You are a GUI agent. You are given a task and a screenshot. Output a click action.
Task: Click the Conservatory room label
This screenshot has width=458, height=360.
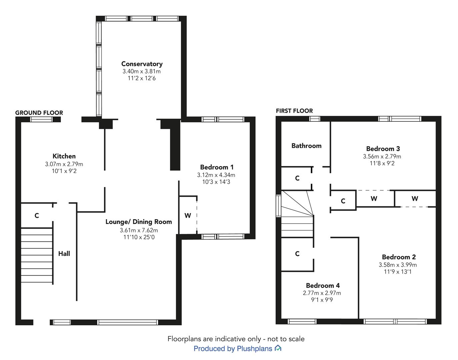pos(142,64)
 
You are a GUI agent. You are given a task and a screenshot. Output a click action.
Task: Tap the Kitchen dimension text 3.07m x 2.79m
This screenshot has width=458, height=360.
pos(64,164)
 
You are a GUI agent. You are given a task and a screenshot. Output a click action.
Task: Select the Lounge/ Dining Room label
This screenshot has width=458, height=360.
pos(139,222)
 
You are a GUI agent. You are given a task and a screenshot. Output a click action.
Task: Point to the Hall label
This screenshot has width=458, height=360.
pos(64,253)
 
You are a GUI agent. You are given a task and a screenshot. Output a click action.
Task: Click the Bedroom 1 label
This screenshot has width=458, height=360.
pos(217,167)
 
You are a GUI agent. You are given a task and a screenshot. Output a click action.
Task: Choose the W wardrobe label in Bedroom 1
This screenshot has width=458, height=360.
pos(188,215)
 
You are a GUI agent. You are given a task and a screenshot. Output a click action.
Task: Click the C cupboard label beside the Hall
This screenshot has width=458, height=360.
pos(37,215)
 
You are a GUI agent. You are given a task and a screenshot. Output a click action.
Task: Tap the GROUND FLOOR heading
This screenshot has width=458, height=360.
pos(39,113)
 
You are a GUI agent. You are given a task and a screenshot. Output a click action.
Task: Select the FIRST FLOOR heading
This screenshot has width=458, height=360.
pos(294,111)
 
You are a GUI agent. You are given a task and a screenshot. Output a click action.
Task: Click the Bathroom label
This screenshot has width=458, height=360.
pos(306,146)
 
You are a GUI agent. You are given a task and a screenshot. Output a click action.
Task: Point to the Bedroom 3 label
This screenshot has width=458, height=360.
pos(383,149)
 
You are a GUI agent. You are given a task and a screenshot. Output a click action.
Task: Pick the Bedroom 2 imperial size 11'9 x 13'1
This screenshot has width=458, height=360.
pos(398,272)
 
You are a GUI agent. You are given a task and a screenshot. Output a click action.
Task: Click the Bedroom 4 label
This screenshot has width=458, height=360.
pos(323,285)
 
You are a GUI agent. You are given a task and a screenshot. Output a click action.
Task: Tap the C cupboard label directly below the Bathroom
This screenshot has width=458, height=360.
pos(297,178)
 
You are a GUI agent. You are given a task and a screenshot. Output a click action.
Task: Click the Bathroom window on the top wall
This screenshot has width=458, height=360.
pos(314,119)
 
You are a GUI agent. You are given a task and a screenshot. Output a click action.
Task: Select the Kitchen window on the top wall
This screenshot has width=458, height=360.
pos(41,120)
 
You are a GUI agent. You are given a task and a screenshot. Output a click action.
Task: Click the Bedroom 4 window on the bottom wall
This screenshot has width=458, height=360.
pos(302,321)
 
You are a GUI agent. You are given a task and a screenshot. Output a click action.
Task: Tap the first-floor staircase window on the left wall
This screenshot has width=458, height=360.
pos(278,206)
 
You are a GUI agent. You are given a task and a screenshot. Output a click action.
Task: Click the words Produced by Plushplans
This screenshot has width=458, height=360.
pos(233,349)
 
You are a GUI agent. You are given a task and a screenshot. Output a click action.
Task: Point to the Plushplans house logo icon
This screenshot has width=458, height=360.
pos(278,348)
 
